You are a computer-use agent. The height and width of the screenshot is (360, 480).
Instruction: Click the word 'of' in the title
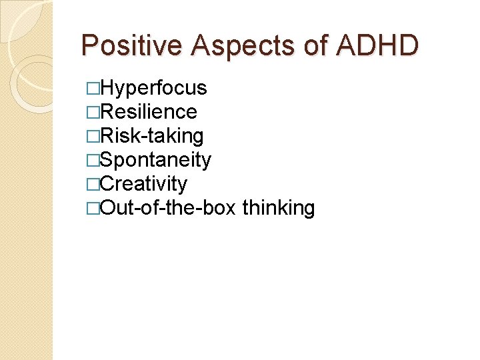[x=309, y=45]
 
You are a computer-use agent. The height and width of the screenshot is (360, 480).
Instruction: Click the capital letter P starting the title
[x=89, y=45]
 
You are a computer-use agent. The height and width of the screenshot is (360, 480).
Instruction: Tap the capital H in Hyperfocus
[x=106, y=88]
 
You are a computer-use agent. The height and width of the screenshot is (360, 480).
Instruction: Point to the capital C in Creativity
[x=107, y=184]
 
